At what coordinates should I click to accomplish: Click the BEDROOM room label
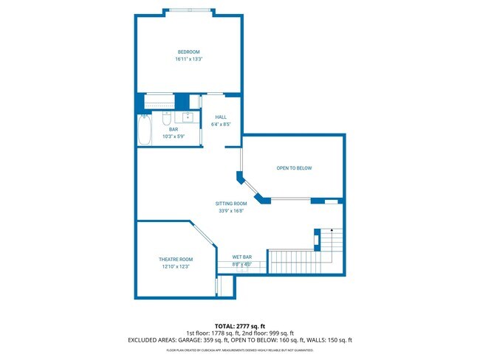click(188, 52)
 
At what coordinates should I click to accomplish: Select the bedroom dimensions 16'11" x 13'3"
click(188, 59)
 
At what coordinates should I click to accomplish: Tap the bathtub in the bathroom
click(145, 130)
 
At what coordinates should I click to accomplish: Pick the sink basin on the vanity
click(188, 117)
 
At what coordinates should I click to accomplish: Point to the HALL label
click(221, 117)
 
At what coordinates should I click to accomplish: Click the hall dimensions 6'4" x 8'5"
click(221, 125)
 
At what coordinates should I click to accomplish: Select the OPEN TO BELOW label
click(294, 168)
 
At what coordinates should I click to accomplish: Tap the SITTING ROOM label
click(231, 203)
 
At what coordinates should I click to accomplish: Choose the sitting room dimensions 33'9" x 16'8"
click(231, 210)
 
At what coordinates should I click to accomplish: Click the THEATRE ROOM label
click(176, 259)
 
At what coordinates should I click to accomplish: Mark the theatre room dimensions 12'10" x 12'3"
click(176, 266)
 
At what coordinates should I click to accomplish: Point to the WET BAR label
click(242, 257)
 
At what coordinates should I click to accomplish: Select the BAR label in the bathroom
click(174, 129)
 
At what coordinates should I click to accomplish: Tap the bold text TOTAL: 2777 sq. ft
click(240, 325)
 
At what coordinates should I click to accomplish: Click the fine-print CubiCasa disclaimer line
click(240, 349)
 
